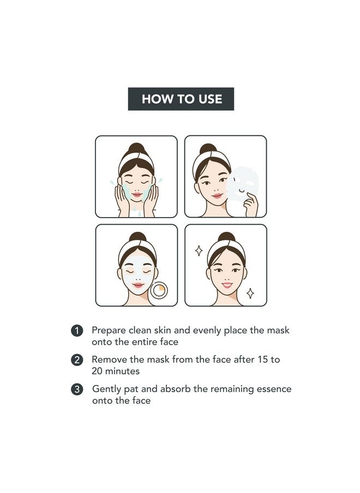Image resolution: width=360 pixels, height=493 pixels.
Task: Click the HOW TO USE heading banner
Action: pos(181,99)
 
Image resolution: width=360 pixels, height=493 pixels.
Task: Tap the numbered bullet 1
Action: pos(77,331)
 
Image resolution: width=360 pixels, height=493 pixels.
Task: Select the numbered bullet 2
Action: pos(77,360)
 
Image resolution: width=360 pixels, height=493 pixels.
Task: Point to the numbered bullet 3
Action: pos(77,389)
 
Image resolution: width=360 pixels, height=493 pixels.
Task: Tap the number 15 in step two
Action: pos(262,359)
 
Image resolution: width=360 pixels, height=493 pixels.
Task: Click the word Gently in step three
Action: pos(106,389)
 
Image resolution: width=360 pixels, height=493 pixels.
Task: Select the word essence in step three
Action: pos(274,389)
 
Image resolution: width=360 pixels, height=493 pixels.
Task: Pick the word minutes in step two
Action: pos(122,371)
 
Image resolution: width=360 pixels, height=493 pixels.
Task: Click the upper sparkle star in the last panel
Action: pos(199,250)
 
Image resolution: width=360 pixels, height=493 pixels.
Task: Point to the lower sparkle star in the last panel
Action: pos(250,293)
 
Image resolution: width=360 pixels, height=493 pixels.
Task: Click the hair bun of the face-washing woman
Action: pos(136,148)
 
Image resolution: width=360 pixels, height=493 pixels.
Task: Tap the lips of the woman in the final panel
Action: pos(227,285)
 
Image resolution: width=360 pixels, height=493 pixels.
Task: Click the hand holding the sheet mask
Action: pos(251,205)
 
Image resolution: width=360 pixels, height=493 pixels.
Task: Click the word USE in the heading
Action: pos(210,99)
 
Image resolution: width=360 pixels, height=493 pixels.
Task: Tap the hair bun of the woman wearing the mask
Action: pos(137,237)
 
